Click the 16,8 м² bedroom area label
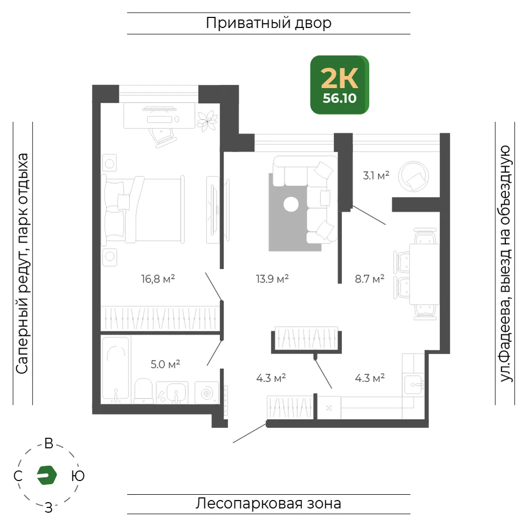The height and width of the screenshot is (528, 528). [158, 279]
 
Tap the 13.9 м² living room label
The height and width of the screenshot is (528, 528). [272, 279]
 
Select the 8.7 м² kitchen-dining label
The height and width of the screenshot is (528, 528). [370, 279]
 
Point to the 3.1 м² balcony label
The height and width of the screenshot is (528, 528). [376, 175]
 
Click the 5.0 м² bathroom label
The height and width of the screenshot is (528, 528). [165, 364]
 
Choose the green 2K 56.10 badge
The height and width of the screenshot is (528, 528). [340, 85]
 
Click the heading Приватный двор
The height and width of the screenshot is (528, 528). [269, 23]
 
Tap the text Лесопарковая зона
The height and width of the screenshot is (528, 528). [268, 503]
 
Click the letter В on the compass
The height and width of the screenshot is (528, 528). [49, 444]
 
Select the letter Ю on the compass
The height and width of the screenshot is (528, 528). [78, 476]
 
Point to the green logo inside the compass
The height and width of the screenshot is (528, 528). [47, 475]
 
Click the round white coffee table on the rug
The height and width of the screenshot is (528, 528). [291, 204]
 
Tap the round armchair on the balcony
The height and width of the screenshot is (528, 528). [413, 177]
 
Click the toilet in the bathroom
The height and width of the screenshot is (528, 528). [144, 390]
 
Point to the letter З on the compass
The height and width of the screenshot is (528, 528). [49, 508]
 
